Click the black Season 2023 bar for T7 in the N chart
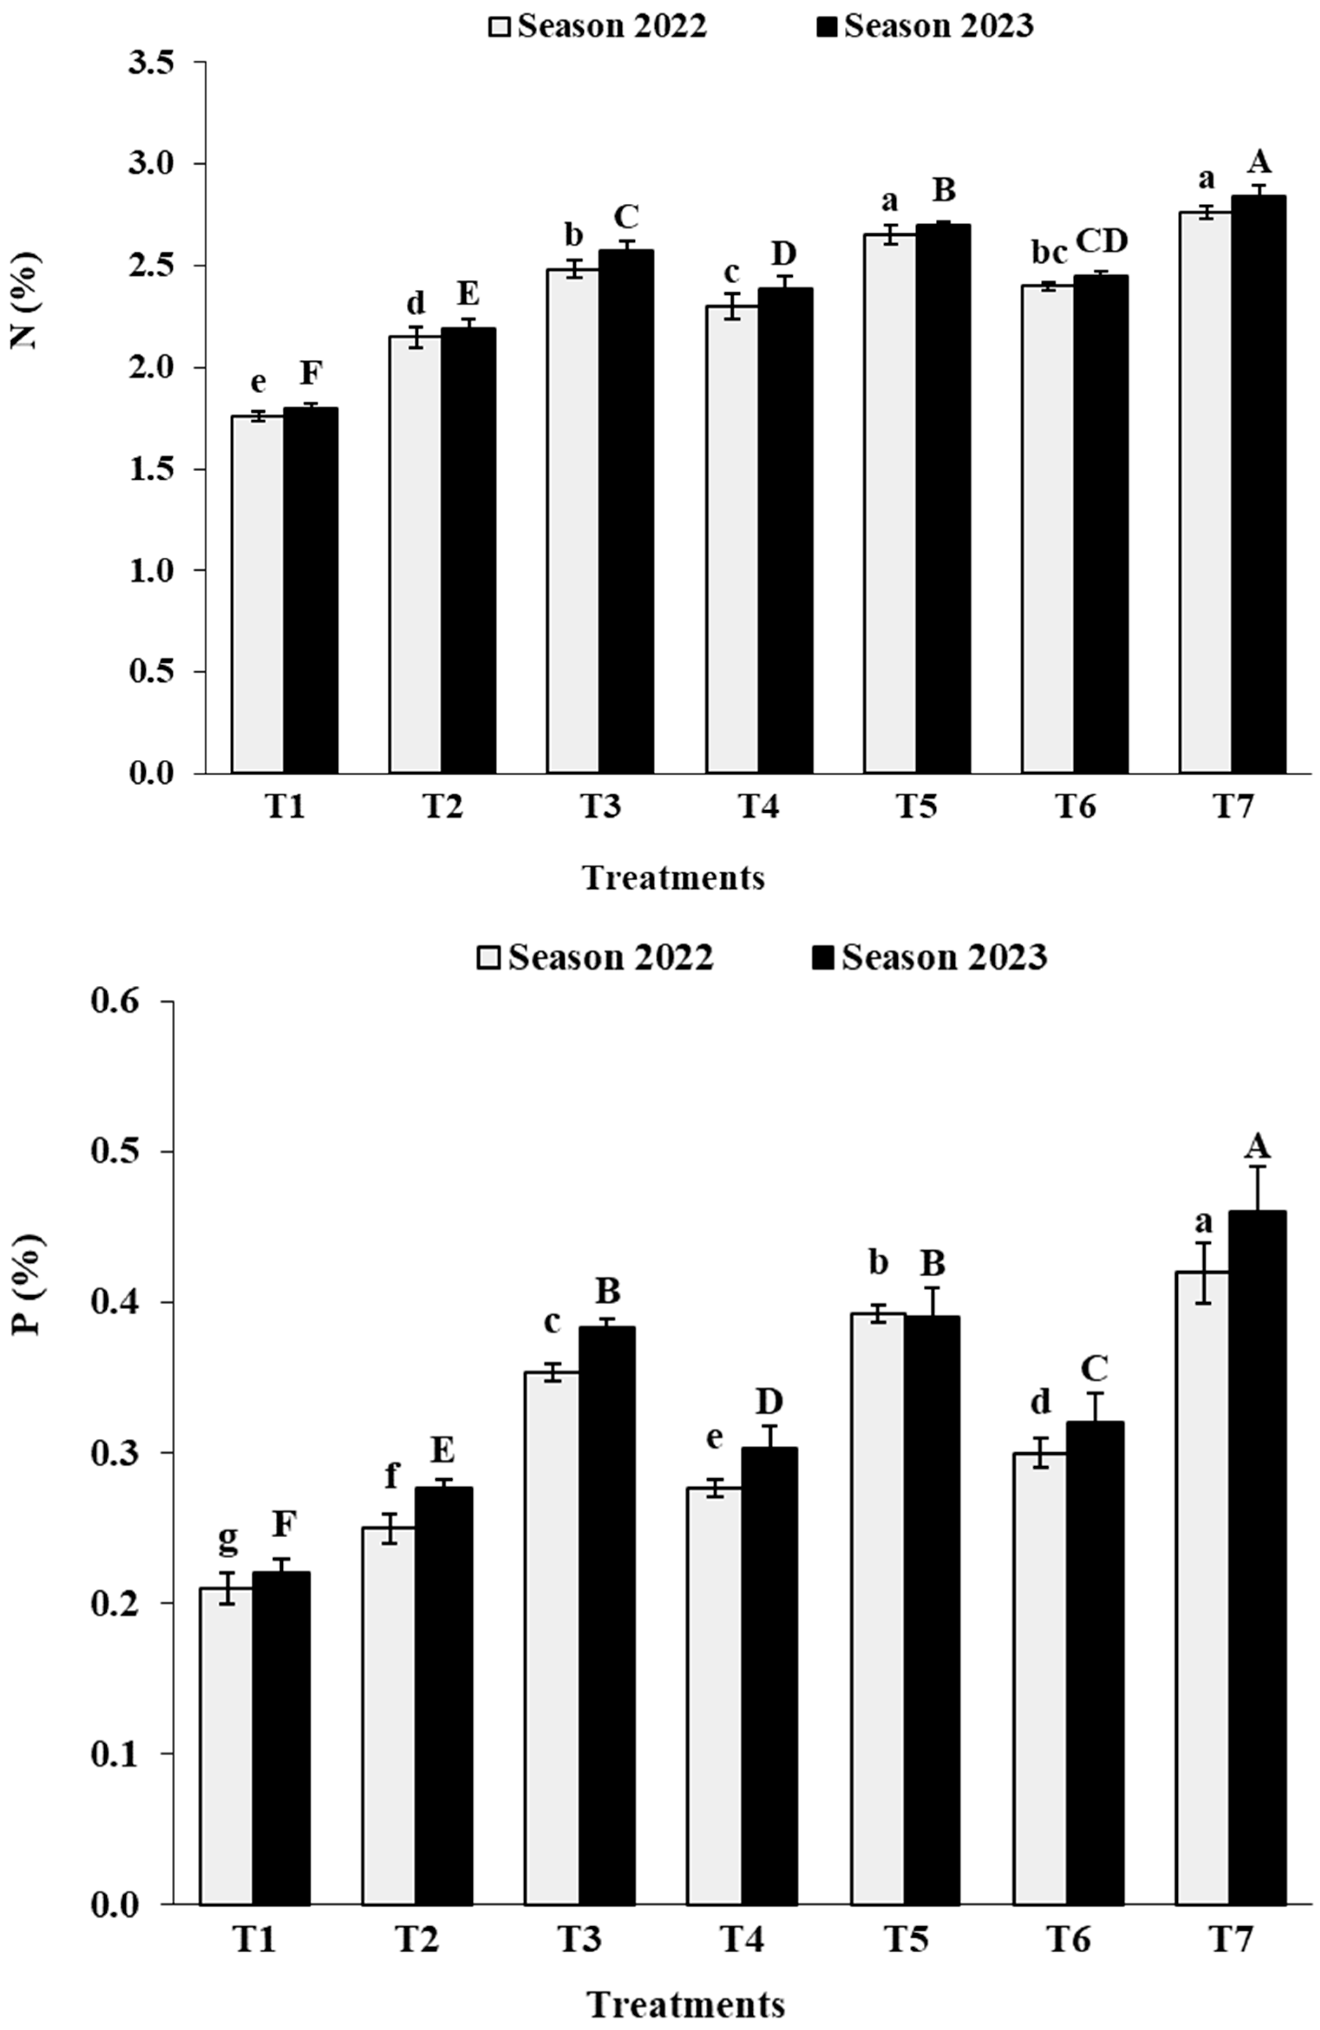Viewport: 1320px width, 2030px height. pyautogui.click(x=1258, y=486)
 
